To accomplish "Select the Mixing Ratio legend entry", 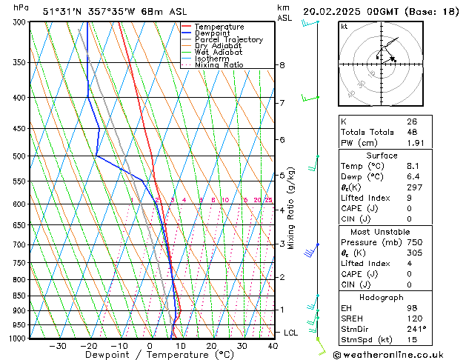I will tap(219, 65).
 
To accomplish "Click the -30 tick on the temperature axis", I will tap(58, 346).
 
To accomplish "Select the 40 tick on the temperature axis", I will tap(273, 346).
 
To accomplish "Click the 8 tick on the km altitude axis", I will tap(282, 65).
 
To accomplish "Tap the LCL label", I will tap(290, 333).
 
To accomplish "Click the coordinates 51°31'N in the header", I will tap(61, 11).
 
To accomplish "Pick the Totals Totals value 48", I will tap(411, 132).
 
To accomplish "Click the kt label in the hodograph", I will tap(344, 27).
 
